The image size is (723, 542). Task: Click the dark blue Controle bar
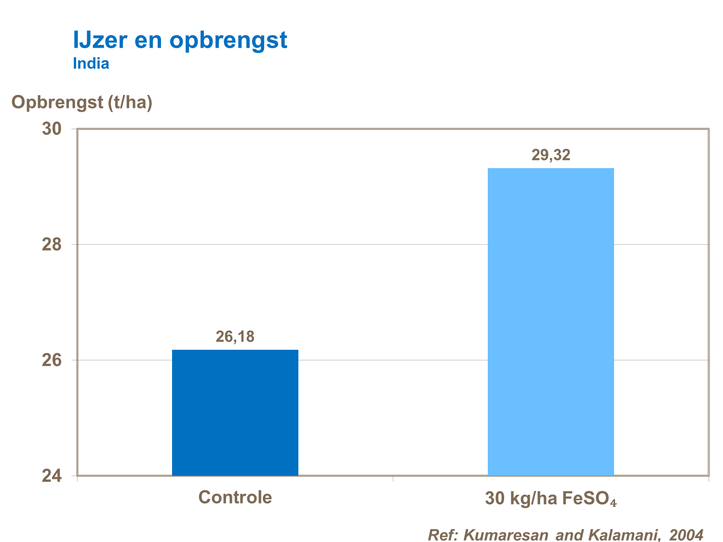tap(235, 412)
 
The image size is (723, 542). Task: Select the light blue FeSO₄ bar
tap(550, 321)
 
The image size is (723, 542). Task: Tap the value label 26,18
tap(235, 337)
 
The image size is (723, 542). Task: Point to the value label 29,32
tap(550, 155)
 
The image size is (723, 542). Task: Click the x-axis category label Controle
tap(235, 497)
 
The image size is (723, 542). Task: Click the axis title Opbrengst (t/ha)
tap(82, 102)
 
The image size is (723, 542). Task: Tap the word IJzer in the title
tap(100, 40)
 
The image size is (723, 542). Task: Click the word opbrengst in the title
tap(228, 41)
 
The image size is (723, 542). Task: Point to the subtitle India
tap(91, 64)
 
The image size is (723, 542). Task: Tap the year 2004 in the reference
tap(686, 535)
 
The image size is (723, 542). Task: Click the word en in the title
tap(147, 41)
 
